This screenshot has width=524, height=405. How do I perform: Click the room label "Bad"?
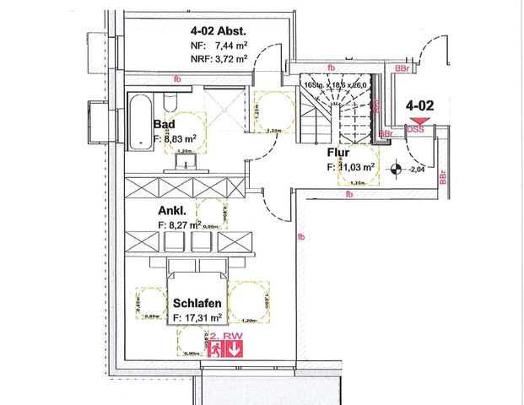click(x=164, y=124)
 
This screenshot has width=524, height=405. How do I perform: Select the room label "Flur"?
click(x=339, y=154)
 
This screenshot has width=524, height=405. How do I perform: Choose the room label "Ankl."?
click(x=172, y=212)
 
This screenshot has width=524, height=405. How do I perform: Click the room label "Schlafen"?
click(x=198, y=303)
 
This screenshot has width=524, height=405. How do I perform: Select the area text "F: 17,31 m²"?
click(x=197, y=317)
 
